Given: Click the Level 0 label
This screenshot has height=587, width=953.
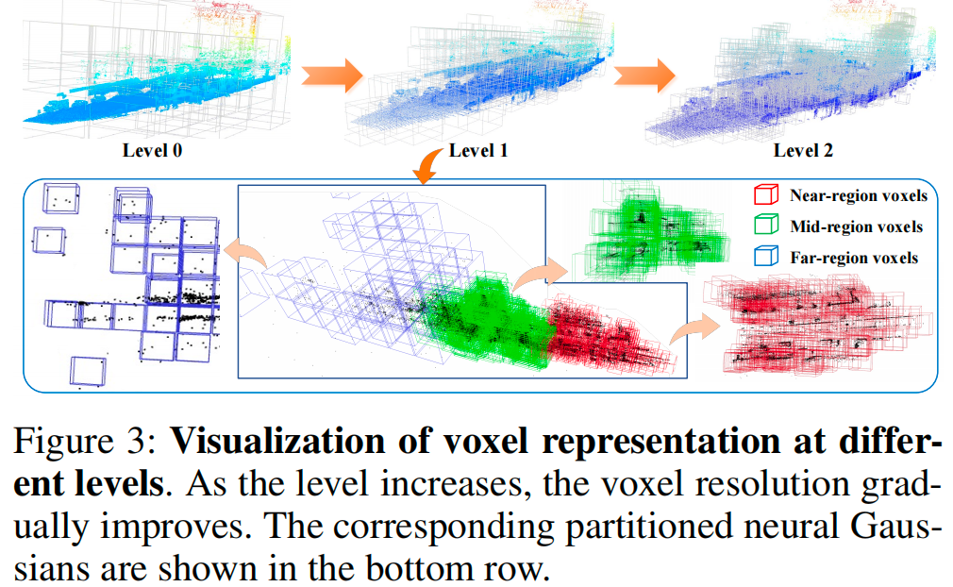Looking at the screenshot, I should coord(153,150).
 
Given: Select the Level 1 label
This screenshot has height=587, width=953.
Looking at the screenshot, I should coord(478,150).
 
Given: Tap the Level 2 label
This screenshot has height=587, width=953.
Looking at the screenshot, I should coord(803,150).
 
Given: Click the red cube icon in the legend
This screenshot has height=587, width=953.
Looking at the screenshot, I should coord(768,197).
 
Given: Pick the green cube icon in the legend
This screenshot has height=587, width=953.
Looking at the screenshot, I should coord(768,226).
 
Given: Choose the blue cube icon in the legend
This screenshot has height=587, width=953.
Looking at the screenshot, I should coord(768,257).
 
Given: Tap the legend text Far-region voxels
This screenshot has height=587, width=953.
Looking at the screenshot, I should coord(855,257).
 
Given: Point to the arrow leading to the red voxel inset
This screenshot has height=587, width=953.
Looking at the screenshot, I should coord(691,325).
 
